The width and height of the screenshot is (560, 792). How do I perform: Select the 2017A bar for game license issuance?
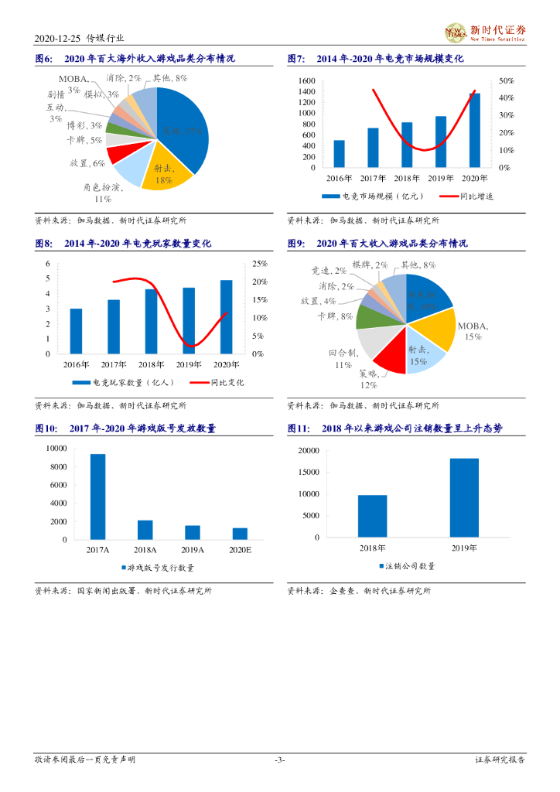coord(97,497)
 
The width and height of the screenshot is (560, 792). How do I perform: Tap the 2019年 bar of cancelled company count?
coord(463,497)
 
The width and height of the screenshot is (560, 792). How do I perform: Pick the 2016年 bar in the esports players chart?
coord(76,331)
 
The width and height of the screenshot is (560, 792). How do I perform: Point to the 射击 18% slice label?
coord(163,175)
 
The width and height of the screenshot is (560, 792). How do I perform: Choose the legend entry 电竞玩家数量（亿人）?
coord(124,382)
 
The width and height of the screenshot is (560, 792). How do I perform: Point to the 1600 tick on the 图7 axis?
coord(306,80)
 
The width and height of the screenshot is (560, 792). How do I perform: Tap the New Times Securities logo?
coord(485,32)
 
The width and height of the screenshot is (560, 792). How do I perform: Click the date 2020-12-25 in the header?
coord(58,39)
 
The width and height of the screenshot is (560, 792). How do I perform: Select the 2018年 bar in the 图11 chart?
coord(372,516)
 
